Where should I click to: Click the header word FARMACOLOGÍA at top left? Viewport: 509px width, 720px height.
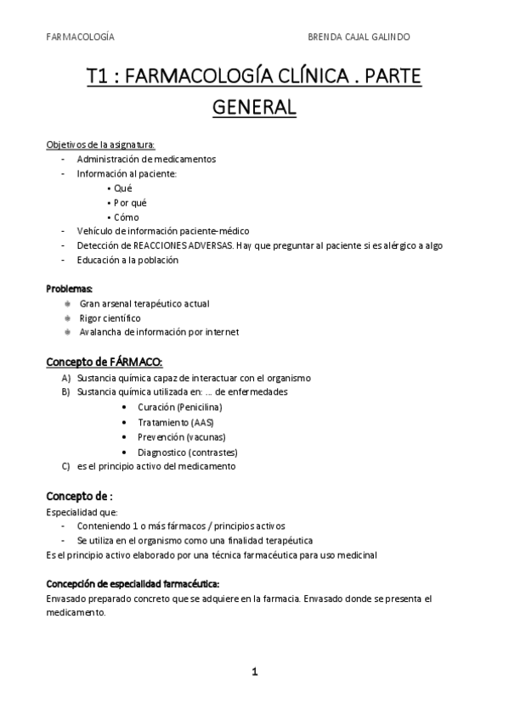pyautogui.click(x=80, y=37)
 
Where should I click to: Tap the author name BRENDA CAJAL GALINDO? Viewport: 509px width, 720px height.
pyautogui.click(x=371, y=37)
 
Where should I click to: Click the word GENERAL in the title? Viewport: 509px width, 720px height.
pyautogui.click(x=254, y=108)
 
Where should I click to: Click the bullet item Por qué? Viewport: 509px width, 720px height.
pyautogui.click(x=129, y=202)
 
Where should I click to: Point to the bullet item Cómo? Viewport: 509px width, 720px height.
pyautogui.click(x=126, y=217)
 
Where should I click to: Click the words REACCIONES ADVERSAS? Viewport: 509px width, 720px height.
pyautogui.click(x=192, y=245)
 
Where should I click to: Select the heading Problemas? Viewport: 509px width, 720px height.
pyautogui.click(x=70, y=289)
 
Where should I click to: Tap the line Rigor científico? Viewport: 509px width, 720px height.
pyautogui.click(x=110, y=318)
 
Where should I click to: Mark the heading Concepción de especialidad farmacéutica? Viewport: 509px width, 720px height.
pyautogui.click(x=133, y=584)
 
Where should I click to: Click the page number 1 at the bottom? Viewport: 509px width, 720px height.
pyautogui.click(x=254, y=672)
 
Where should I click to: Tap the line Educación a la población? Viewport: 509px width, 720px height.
pyautogui.click(x=127, y=260)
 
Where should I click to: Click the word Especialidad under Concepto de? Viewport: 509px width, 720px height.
pyautogui.click(x=72, y=512)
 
